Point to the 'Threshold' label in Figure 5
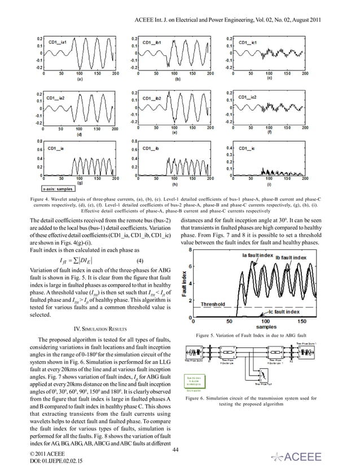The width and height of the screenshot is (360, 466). pos(217,304)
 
